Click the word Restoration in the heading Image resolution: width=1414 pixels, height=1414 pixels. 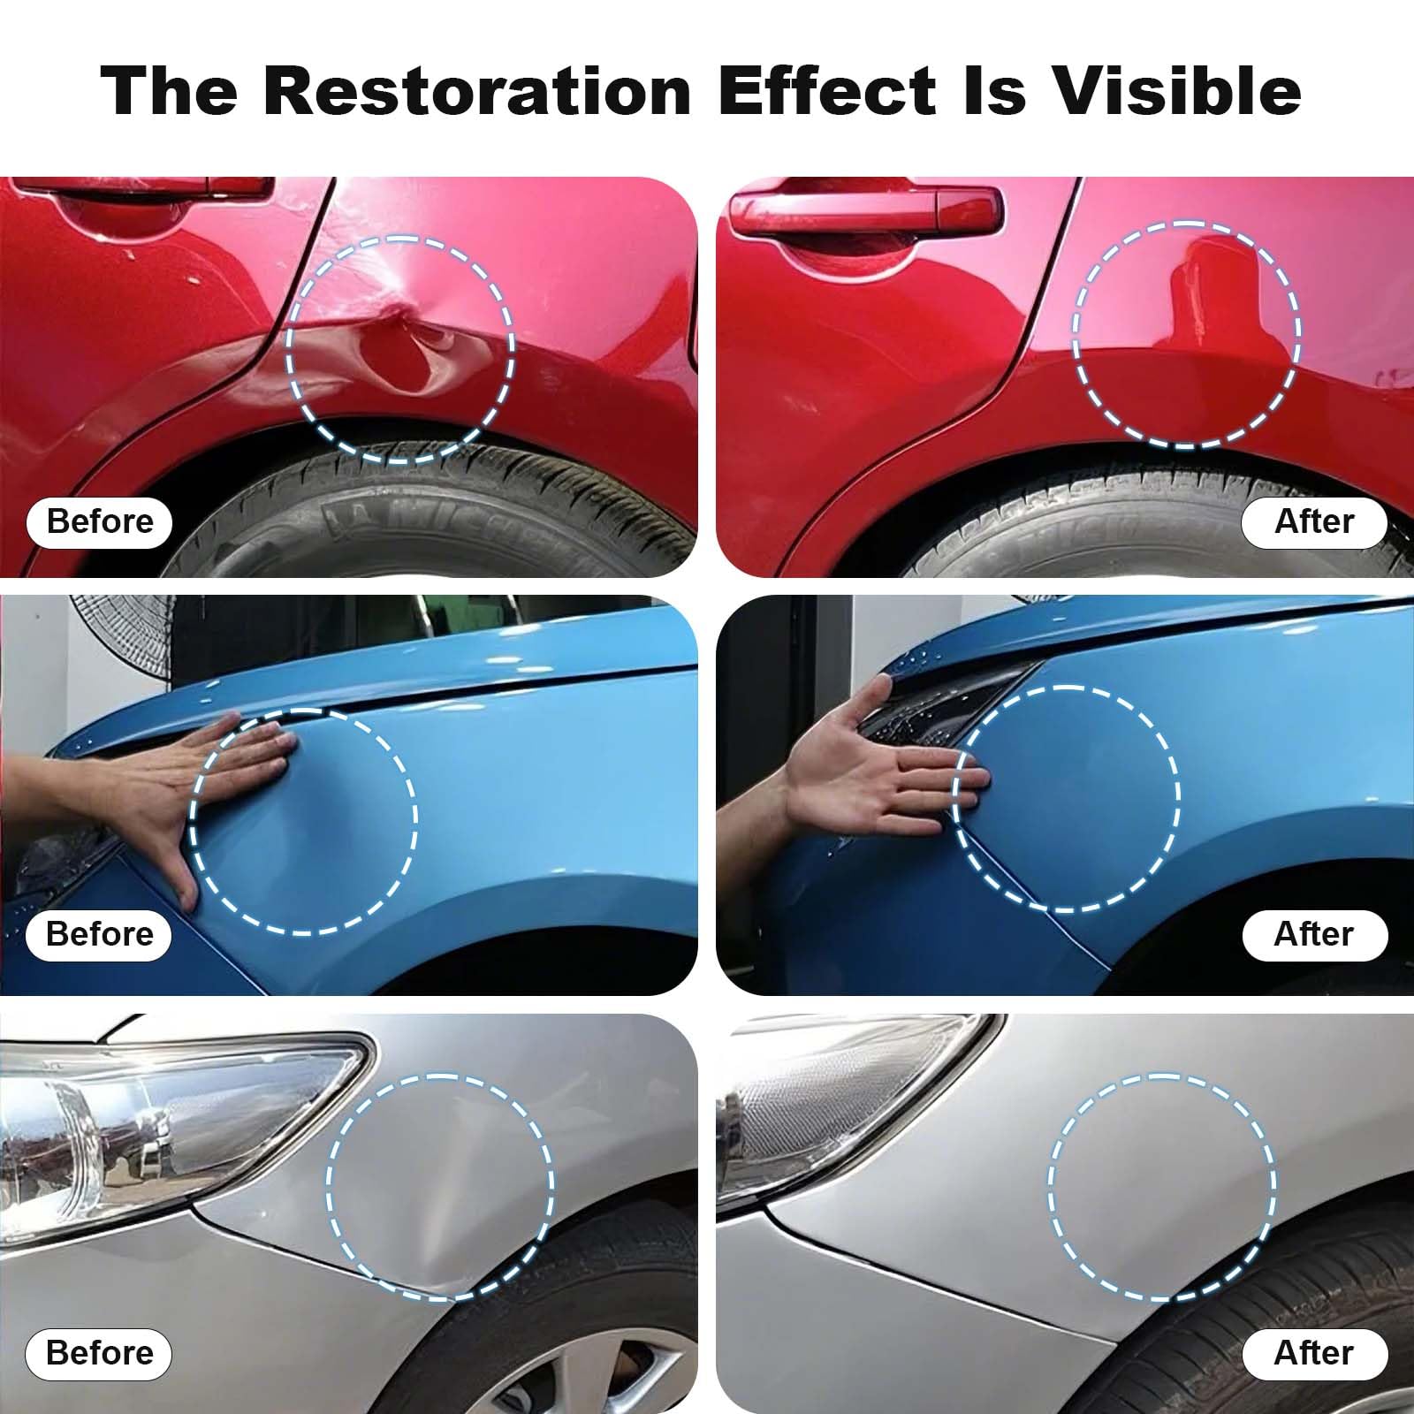477,90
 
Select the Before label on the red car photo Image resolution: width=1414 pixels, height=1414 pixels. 100,521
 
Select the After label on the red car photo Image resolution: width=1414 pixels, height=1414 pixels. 1314,521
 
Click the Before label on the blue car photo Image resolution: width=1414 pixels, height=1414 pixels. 100,934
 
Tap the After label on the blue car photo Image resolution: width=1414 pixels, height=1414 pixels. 1314,934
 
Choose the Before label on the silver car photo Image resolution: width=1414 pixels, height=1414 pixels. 100,1353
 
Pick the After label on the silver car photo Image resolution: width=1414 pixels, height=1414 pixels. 1314,1353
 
